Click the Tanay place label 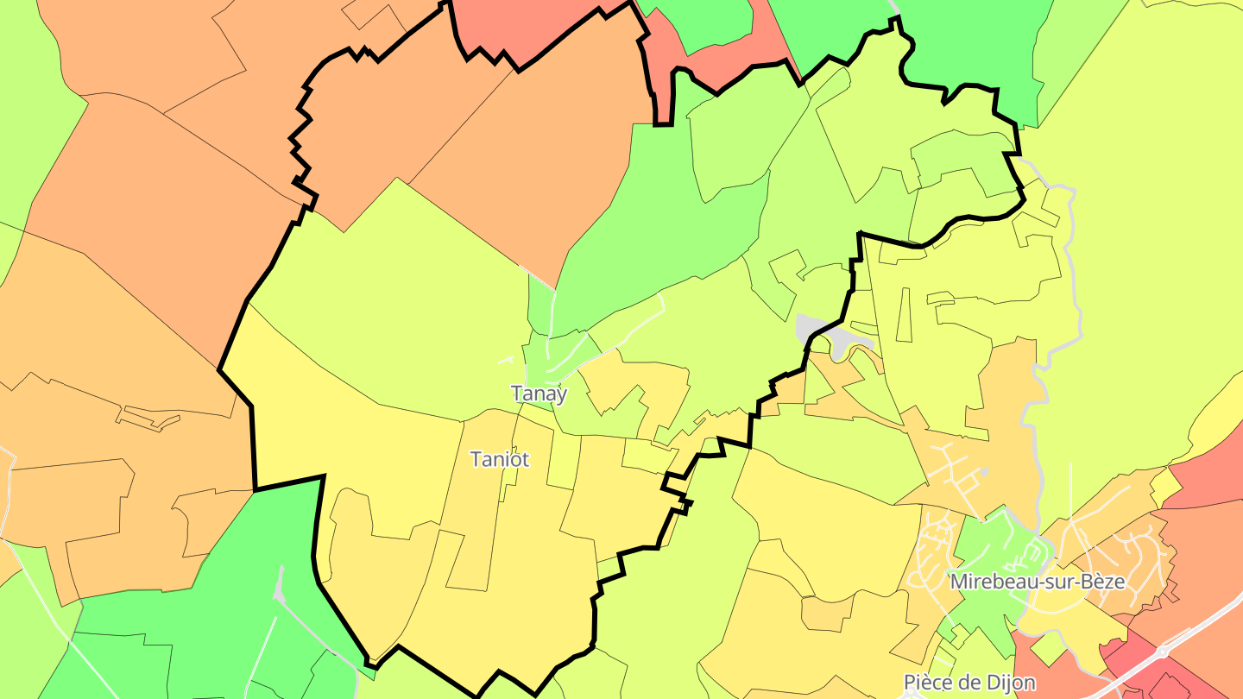tap(539, 394)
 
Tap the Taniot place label tap(499, 459)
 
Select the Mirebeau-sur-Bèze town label tap(1037, 582)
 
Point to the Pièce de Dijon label tap(969, 683)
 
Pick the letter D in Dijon tap(992, 683)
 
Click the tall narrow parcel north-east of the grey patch tap(905, 314)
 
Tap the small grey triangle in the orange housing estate tap(983, 473)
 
